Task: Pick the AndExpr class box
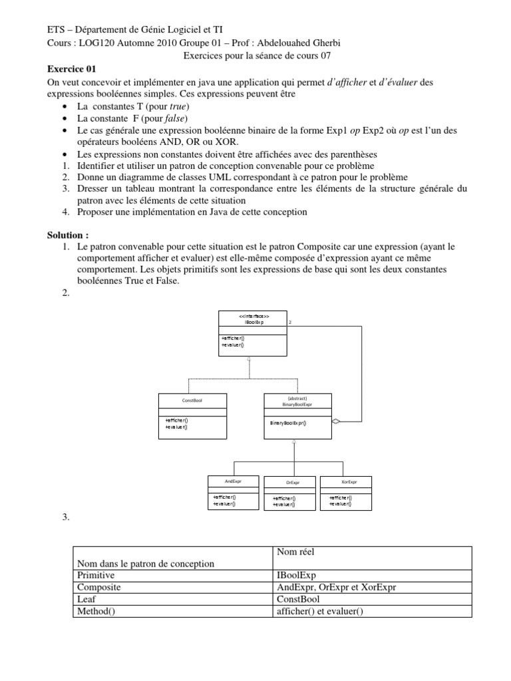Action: point(225,492)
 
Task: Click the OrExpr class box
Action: point(290,493)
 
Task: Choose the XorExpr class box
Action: point(347,492)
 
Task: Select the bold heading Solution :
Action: point(68,235)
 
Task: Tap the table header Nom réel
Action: point(294,551)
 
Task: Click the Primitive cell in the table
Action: point(96,575)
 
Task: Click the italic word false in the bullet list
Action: point(178,118)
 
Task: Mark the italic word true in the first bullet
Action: point(179,106)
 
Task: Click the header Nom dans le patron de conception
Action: point(146,563)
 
